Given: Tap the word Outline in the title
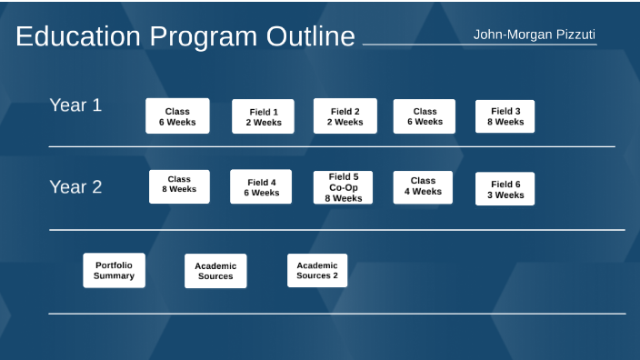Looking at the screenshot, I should point(310,37).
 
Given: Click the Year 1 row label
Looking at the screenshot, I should point(75,105).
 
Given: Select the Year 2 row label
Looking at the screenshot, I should point(75,187).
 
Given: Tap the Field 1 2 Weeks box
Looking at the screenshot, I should point(264,116).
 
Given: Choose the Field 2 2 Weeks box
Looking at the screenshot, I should point(345,116).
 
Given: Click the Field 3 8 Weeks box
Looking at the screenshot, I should point(505,116).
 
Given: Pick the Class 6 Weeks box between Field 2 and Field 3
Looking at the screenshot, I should point(425,116).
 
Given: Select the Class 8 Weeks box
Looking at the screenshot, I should point(179,186).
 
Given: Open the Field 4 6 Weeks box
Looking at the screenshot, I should point(261,187).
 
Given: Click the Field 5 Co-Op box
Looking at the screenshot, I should point(343,187).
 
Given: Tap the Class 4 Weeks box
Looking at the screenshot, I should point(423,187).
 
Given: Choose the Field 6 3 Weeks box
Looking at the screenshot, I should point(505,189).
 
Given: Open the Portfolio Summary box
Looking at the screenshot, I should point(115,270).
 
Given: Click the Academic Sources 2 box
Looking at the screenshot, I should point(316,270).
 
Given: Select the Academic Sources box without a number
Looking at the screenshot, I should point(215,271).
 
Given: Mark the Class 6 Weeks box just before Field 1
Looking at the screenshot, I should point(177,116).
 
